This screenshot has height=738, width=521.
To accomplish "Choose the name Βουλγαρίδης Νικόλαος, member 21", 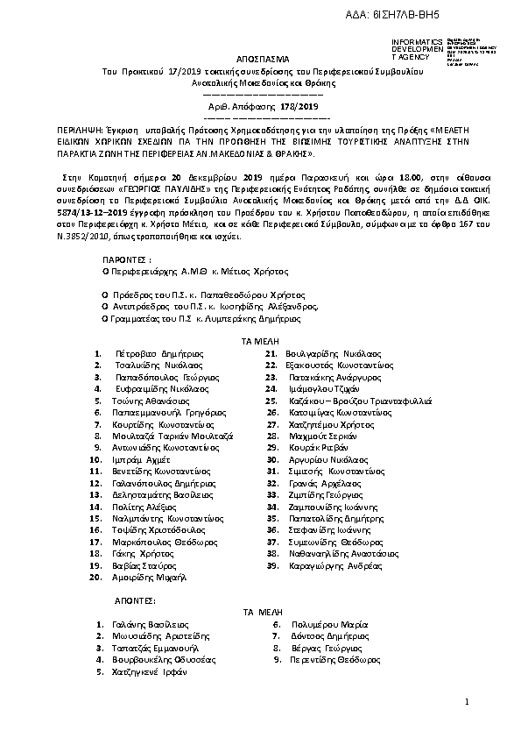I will pyautogui.click(x=325, y=352).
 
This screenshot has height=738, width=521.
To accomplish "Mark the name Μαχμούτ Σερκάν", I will pyautogui.click(x=318, y=436).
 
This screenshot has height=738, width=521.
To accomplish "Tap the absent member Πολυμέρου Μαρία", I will pyautogui.click(x=320, y=624).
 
